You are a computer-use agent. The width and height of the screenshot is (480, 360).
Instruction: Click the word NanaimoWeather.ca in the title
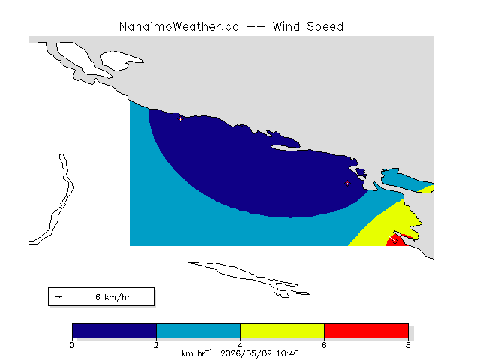click(179, 27)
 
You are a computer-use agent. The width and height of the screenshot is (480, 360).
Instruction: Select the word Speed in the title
click(325, 27)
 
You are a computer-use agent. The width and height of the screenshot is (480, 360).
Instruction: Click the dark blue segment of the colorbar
click(115, 331)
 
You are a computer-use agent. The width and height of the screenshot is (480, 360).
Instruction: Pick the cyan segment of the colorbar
click(198, 331)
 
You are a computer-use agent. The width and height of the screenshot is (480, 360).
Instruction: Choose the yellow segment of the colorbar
click(282, 331)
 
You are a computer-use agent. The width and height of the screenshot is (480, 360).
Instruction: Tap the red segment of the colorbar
click(366, 331)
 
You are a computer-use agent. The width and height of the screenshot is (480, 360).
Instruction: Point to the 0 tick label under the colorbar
click(72, 345)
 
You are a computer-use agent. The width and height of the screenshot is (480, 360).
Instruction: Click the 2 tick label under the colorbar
click(156, 345)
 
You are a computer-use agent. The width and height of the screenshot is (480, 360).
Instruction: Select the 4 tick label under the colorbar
click(240, 345)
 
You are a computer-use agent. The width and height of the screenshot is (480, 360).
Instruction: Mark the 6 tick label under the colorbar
click(324, 345)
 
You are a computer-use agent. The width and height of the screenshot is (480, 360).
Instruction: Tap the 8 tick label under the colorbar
click(408, 345)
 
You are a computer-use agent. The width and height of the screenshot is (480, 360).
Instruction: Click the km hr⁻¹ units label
click(196, 353)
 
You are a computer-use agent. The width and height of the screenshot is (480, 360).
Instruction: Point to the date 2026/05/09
click(247, 353)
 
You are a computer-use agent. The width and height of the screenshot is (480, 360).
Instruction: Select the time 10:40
click(288, 353)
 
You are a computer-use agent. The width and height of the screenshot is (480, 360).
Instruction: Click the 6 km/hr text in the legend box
click(113, 297)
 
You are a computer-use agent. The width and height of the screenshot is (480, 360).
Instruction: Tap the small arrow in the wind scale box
click(58, 297)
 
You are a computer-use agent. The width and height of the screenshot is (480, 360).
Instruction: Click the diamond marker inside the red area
click(394, 241)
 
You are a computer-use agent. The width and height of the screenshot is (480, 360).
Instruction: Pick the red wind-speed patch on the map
click(397, 241)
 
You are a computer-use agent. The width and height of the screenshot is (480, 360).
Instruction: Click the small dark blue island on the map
click(361, 173)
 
